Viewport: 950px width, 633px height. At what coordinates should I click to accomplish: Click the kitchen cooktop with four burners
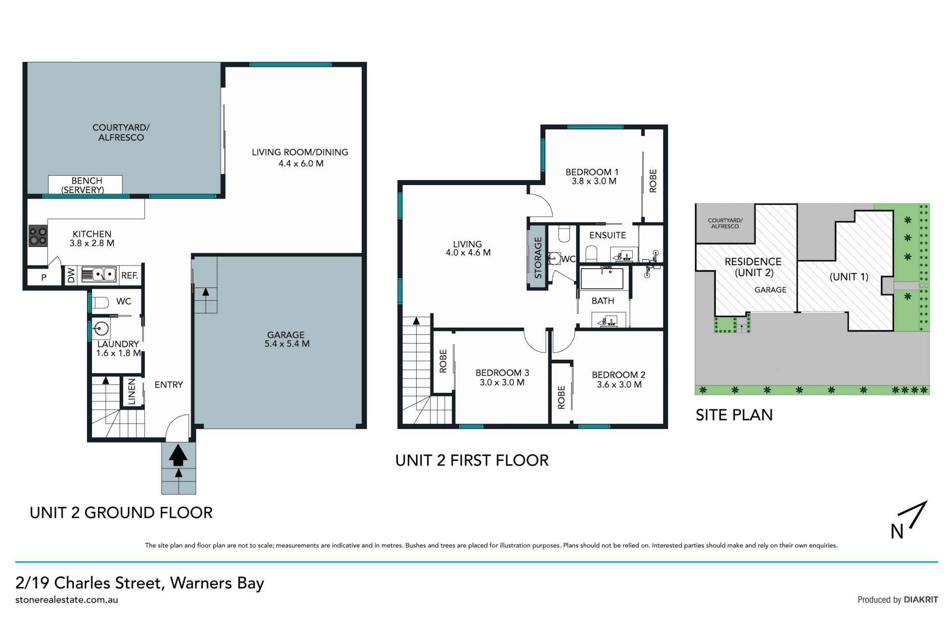tap(38, 236)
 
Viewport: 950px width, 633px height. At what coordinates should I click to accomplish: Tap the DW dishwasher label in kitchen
tap(71, 275)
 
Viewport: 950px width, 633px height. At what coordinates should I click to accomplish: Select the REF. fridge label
tap(130, 276)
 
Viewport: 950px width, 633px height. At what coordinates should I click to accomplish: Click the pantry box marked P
tap(44, 278)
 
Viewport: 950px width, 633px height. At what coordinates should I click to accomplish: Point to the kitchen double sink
tap(98, 274)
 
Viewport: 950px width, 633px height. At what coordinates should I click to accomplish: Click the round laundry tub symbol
tap(102, 328)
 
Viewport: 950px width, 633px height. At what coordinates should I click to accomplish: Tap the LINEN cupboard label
tap(132, 392)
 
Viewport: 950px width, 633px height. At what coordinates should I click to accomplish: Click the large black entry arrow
tap(178, 455)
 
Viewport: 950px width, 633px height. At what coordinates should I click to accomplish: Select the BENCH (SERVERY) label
tap(85, 185)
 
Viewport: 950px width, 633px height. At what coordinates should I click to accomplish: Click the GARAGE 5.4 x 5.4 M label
tap(286, 340)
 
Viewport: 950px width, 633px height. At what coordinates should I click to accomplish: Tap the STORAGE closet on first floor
tap(538, 257)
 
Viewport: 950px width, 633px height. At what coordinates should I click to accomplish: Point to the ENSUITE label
tap(608, 236)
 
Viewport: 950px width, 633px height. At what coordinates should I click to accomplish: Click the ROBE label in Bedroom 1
tap(653, 181)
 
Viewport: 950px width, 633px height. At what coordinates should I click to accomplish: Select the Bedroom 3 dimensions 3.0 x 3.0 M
tap(502, 383)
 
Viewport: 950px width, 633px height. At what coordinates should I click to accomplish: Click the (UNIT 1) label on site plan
tap(849, 277)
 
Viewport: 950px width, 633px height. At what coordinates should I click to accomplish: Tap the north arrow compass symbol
tap(909, 520)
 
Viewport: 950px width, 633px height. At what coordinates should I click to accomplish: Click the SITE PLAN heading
tap(734, 415)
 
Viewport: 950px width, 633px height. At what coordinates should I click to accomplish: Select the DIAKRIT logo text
tap(921, 600)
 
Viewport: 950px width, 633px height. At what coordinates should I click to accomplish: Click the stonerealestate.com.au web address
tap(67, 600)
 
